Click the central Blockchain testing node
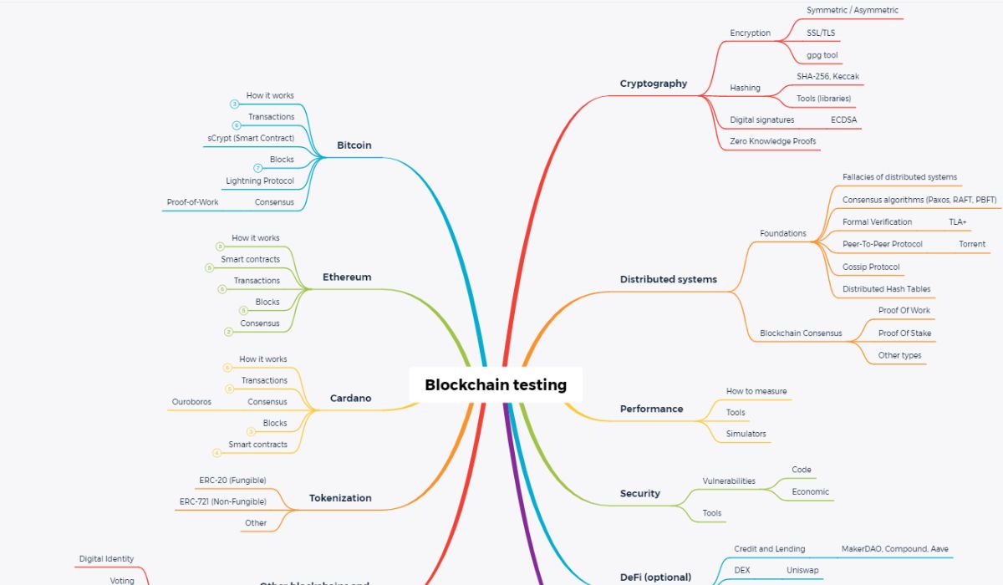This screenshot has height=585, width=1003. (x=496, y=385)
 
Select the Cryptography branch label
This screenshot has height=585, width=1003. (x=654, y=84)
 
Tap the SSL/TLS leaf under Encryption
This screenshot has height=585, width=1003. (x=821, y=33)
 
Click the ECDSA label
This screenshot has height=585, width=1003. (x=843, y=120)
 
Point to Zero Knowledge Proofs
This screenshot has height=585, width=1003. (x=772, y=142)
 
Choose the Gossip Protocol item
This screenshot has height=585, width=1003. (x=871, y=267)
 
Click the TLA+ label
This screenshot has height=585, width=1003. (x=958, y=222)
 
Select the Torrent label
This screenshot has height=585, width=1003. (x=972, y=245)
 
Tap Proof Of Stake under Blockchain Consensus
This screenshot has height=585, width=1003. (x=904, y=333)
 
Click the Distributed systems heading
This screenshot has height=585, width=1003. (x=669, y=279)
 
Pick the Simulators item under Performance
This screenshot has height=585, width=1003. (x=746, y=434)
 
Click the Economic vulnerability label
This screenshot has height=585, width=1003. (x=811, y=492)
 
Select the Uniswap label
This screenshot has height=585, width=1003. (x=802, y=571)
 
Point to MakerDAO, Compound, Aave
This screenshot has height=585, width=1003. (x=895, y=549)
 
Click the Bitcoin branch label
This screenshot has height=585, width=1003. (x=354, y=145)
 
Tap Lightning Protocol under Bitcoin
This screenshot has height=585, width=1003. (x=260, y=181)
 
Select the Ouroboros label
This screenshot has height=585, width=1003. (x=191, y=402)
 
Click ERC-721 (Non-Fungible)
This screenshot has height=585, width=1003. (x=223, y=502)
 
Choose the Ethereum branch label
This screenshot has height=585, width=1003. (x=347, y=277)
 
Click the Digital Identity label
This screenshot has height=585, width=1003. (x=106, y=559)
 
